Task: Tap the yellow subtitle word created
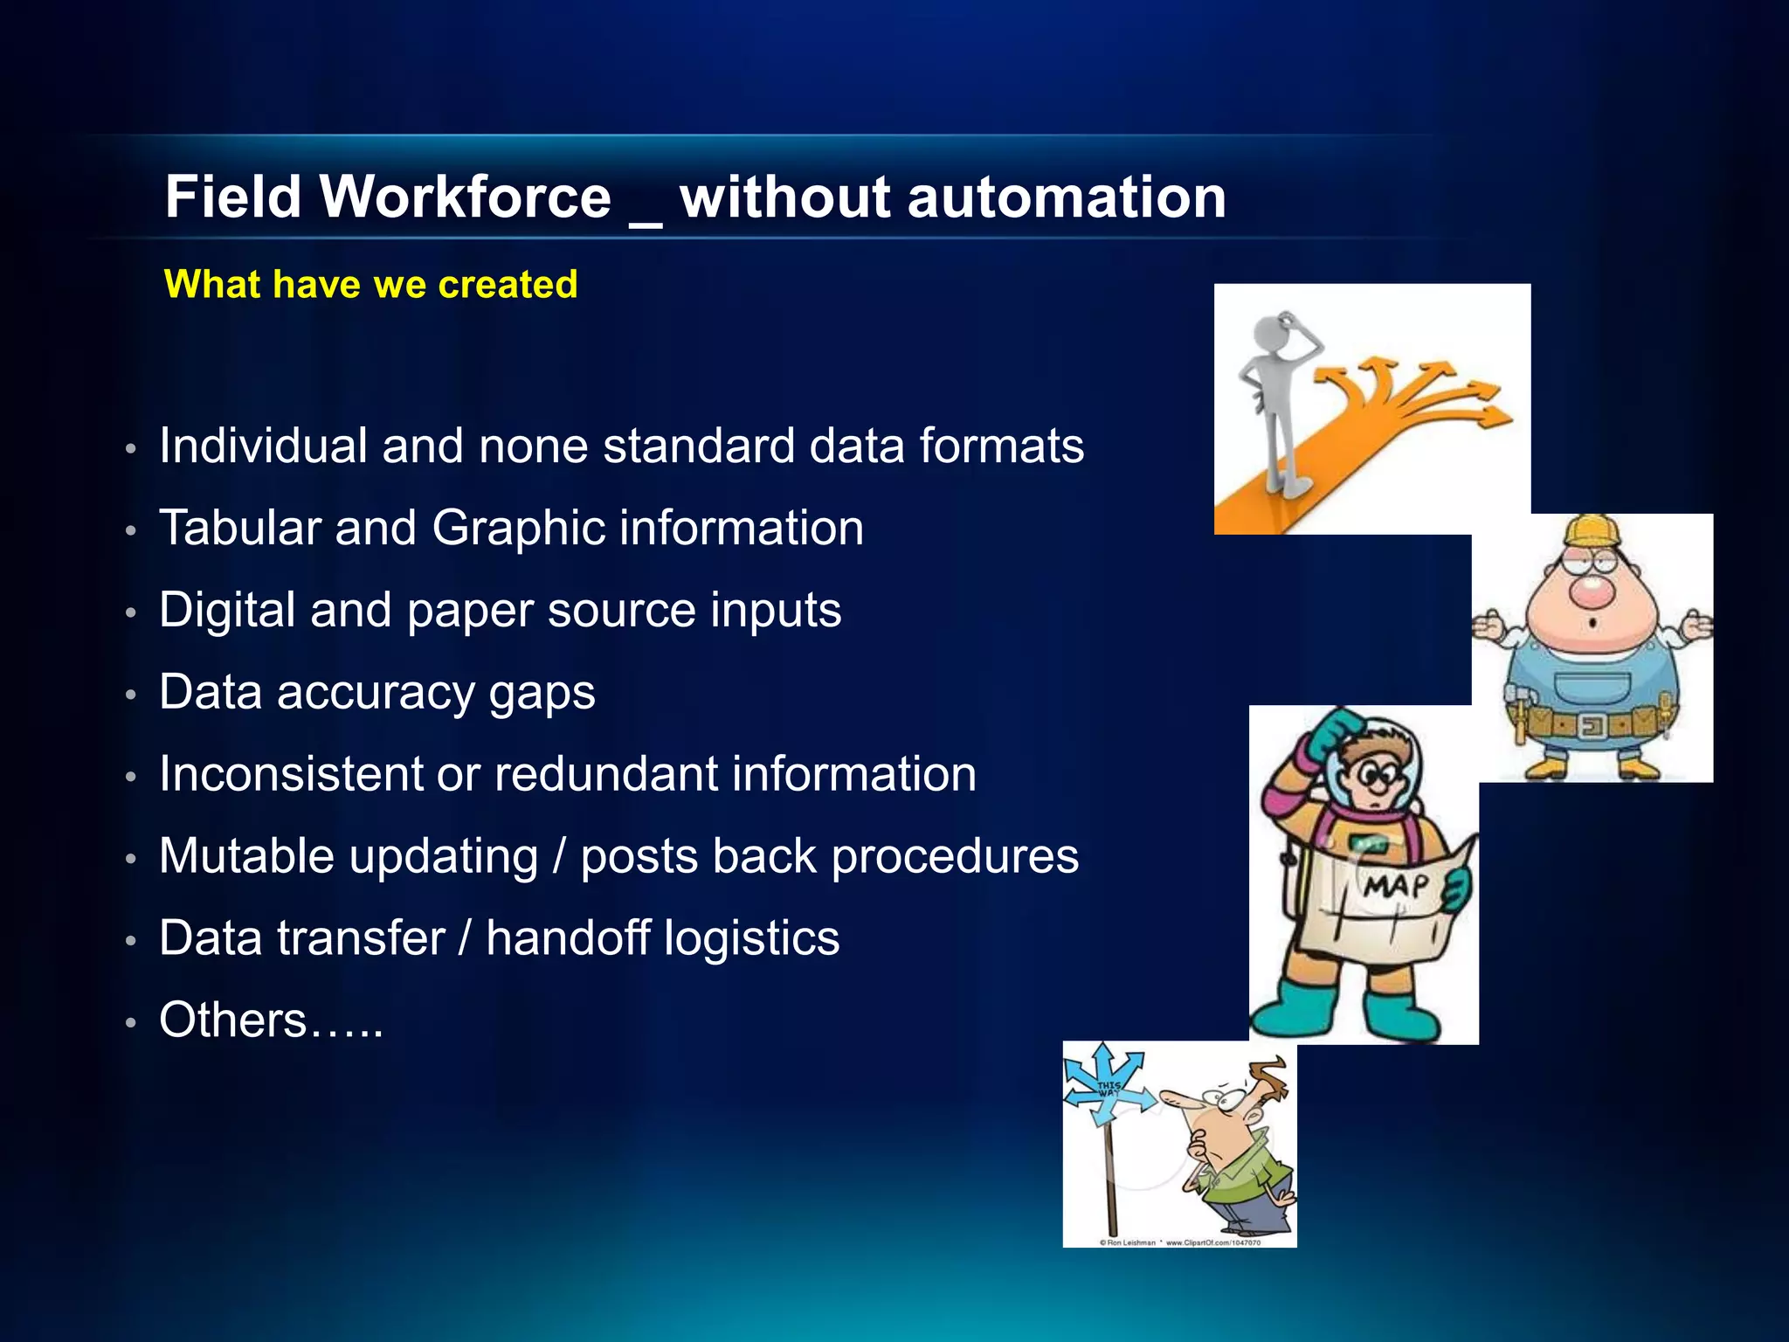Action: tap(508, 285)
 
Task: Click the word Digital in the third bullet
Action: tap(227, 610)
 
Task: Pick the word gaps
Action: tap(542, 695)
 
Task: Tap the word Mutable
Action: tap(246, 856)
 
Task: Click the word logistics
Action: tap(750, 938)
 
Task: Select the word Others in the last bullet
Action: tap(233, 1020)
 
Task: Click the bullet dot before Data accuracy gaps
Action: tap(131, 695)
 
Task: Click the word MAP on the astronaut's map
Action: tap(1395, 887)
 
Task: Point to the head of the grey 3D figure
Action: tap(1277, 332)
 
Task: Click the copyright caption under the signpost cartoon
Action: tap(1179, 1242)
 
